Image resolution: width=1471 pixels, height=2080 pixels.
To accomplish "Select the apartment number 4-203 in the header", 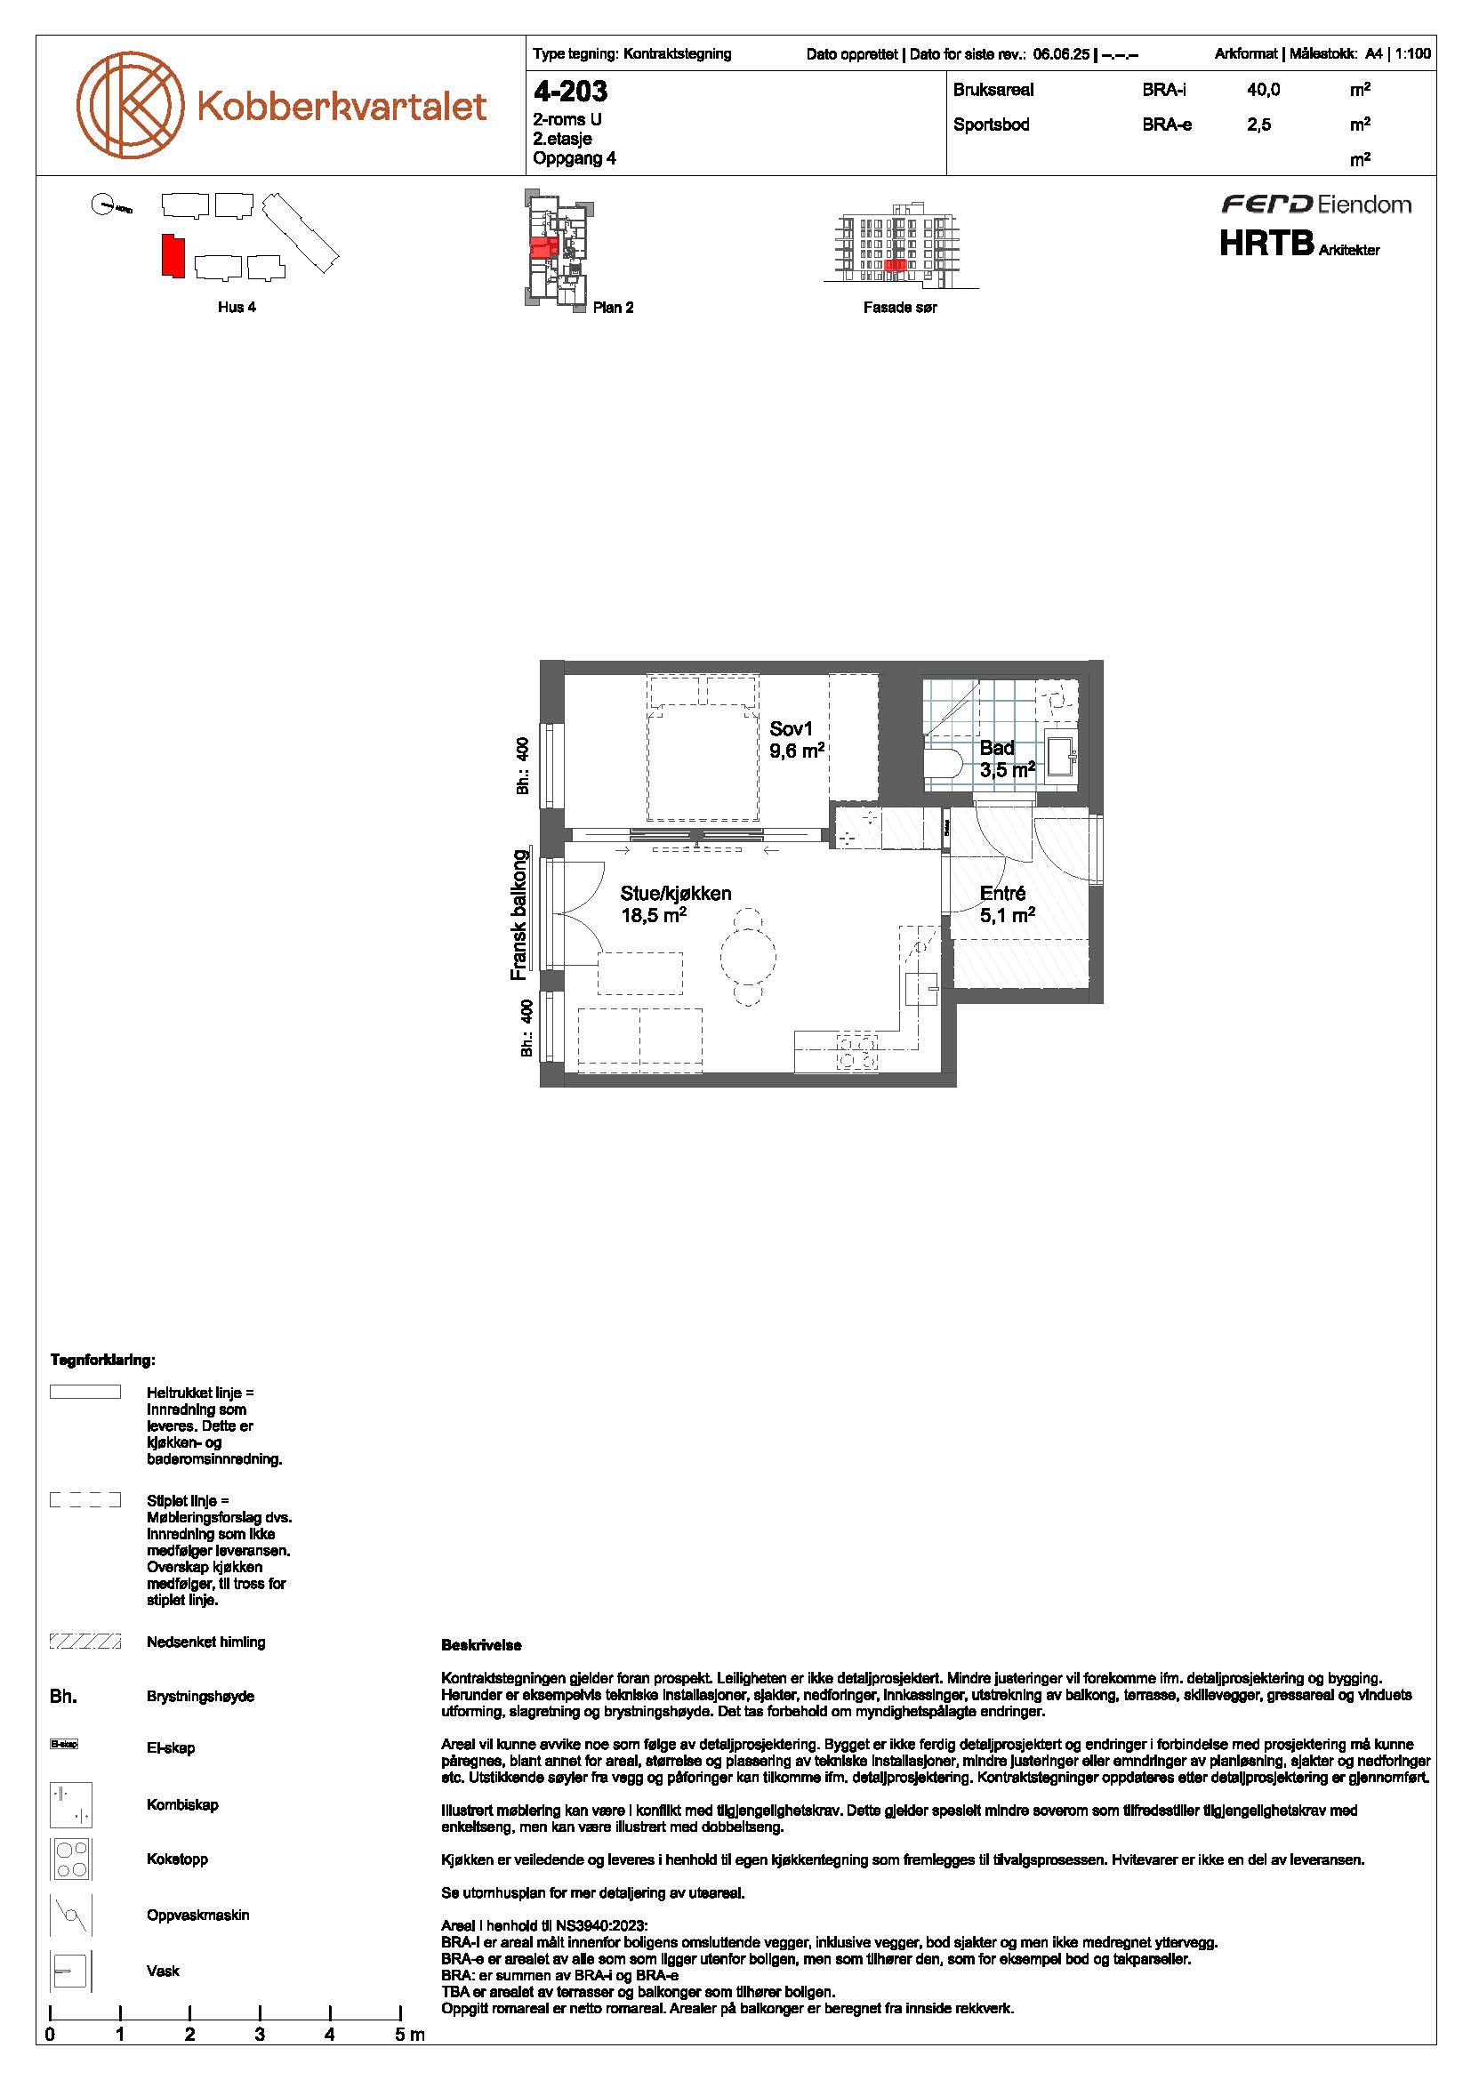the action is [571, 92].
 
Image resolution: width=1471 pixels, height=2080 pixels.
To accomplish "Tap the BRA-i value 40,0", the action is [1264, 90].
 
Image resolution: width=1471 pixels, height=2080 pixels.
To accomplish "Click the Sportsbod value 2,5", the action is [1259, 125].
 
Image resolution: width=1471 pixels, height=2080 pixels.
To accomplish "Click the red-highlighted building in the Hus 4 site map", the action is [173, 255].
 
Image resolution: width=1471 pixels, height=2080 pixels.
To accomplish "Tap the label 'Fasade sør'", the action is [899, 308].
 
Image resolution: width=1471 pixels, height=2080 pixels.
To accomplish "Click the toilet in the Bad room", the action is [943, 761].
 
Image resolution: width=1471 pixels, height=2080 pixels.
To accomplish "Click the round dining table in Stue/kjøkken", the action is [748, 954].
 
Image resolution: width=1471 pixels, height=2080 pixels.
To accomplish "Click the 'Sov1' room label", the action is [792, 728].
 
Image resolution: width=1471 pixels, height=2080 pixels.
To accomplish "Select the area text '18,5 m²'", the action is [653, 915].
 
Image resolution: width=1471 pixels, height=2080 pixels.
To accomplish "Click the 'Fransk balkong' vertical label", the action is [518, 914].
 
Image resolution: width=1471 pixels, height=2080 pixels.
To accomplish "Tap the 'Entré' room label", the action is [1002, 893].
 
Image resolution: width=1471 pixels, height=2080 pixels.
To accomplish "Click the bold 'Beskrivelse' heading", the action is [481, 1645].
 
